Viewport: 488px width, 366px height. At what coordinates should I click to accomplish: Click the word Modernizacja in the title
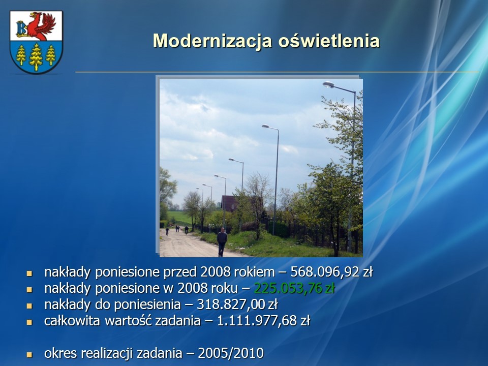point(212,41)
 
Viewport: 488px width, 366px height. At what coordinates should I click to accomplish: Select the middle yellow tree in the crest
point(36,57)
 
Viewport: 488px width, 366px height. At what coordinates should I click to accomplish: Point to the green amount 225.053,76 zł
point(294,288)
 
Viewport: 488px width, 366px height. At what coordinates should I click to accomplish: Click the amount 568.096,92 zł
point(331,272)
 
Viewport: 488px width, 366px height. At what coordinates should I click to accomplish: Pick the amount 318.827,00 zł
point(237,304)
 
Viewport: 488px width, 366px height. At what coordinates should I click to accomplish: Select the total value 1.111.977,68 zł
point(263,321)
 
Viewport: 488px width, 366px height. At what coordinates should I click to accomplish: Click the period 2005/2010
point(231,353)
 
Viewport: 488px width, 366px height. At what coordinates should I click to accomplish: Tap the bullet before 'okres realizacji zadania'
point(29,354)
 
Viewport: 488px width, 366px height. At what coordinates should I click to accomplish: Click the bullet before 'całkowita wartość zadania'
point(29,322)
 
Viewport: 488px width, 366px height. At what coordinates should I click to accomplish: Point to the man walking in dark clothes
point(222,241)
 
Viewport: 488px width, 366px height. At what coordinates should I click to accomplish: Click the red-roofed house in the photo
point(229,203)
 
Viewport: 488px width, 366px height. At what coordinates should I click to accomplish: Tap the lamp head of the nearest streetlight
point(328,84)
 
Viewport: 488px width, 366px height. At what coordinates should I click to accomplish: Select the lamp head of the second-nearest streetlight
point(265,127)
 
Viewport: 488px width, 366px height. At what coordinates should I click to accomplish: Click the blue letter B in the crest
point(22,28)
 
